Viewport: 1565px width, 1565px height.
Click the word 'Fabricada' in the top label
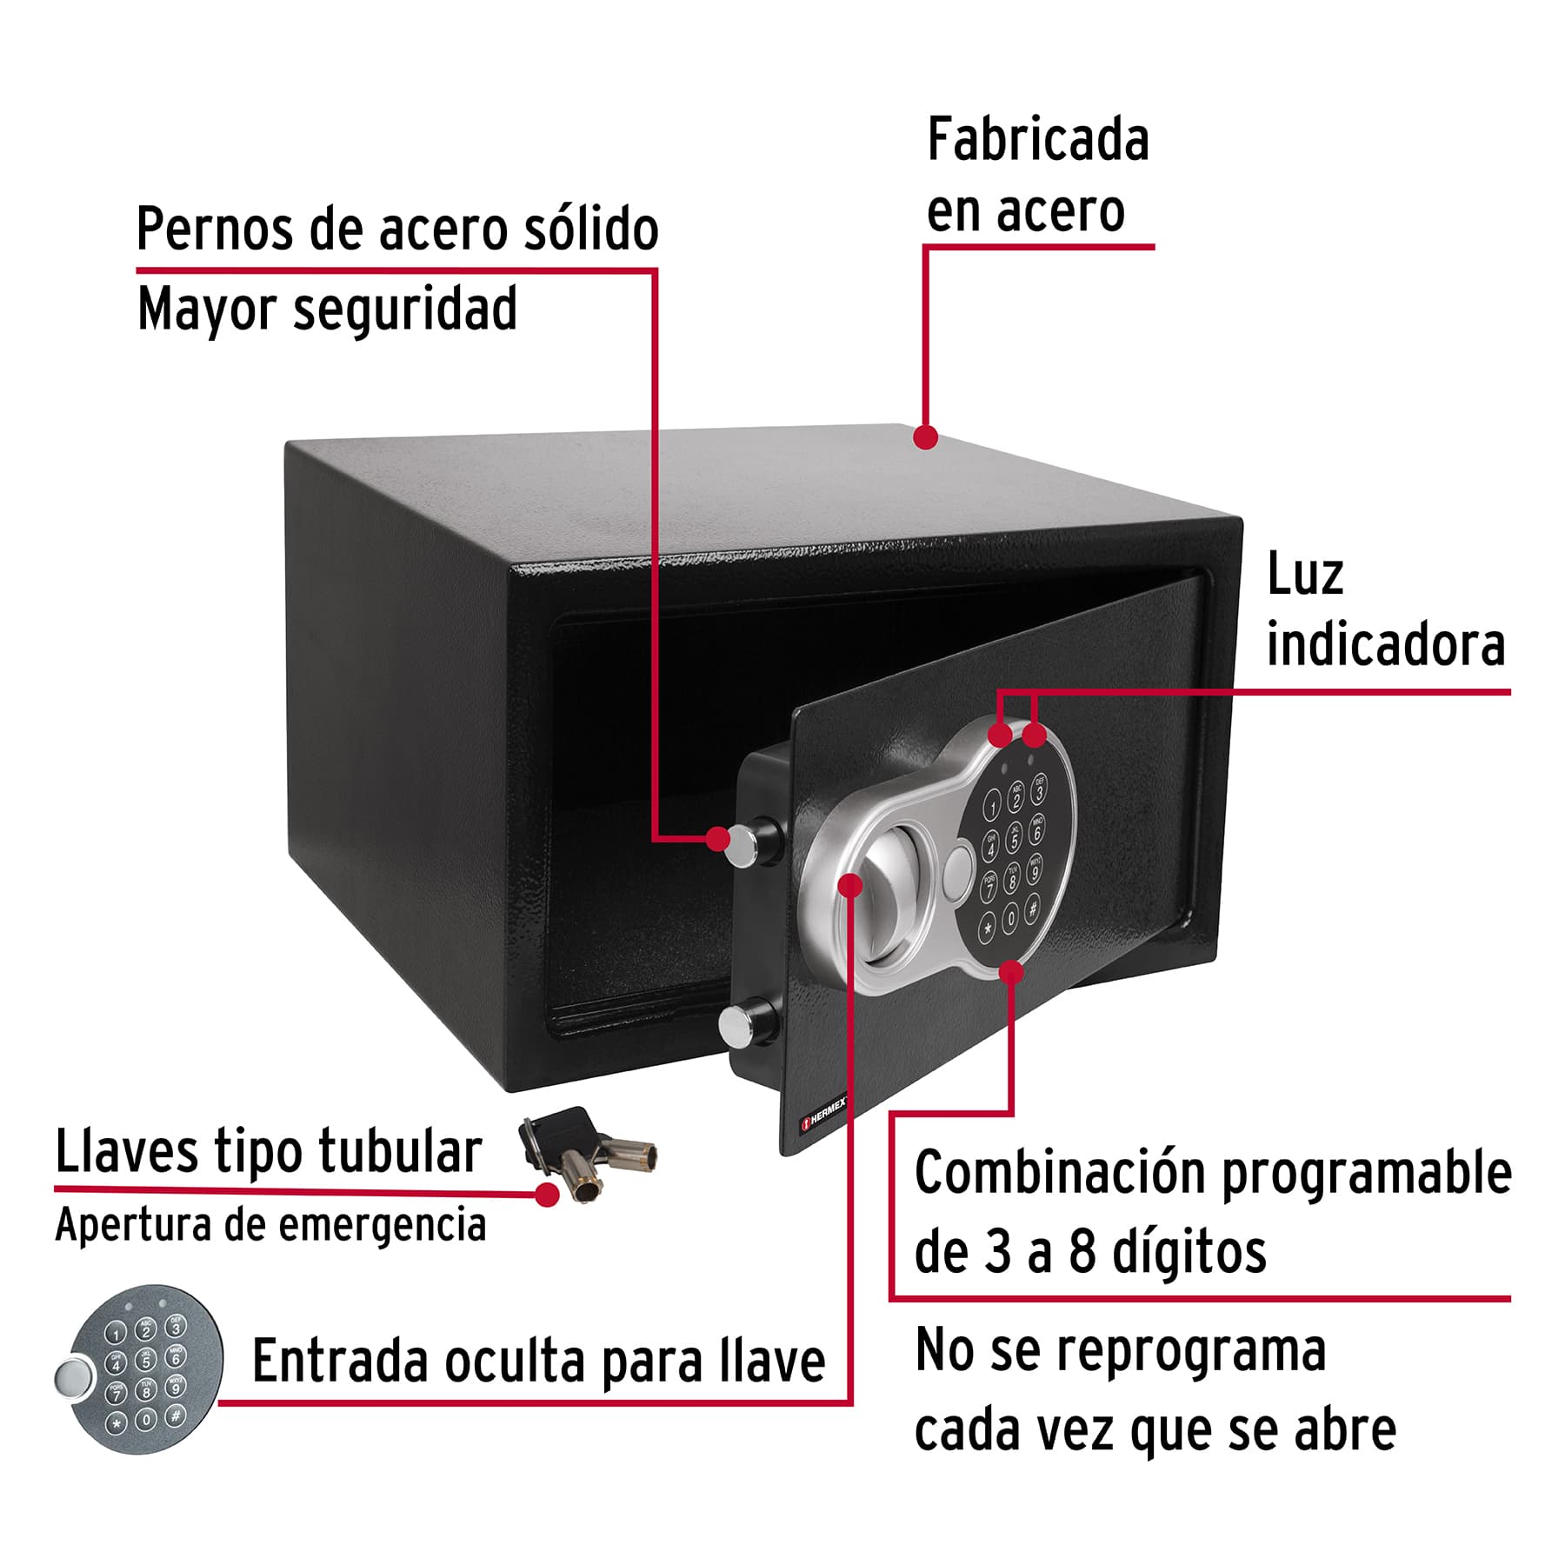pos(1038,141)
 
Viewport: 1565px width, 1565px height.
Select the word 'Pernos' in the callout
pos(216,230)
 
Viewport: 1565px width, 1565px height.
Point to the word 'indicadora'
pos(1385,646)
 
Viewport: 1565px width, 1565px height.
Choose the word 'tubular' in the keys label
pos(399,1152)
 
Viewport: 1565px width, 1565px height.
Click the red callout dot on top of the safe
pos(926,436)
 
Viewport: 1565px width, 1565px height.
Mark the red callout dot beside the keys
pos(547,1195)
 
